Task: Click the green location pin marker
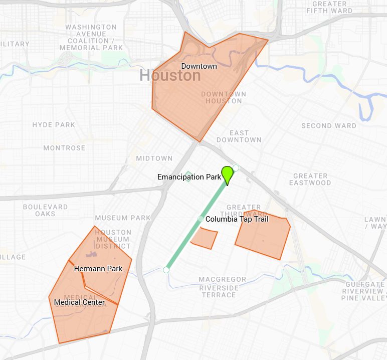[x=228, y=174]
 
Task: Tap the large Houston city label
[x=170, y=76]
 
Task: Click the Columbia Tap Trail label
[x=237, y=219]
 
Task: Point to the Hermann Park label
[x=98, y=269]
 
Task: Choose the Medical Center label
[x=79, y=302]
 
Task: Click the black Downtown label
[x=199, y=66]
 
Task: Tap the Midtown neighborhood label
[x=154, y=158]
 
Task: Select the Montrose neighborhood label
[x=64, y=148]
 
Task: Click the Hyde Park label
[x=54, y=125]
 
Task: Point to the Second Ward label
[x=329, y=126]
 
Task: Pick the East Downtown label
[x=239, y=136]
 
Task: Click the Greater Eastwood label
[x=310, y=179]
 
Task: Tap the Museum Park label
[x=123, y=218]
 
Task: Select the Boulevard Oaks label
[x=46, y=210]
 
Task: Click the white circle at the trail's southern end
[x=166, y=270]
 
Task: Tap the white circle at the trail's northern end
[x=236, y=168]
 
